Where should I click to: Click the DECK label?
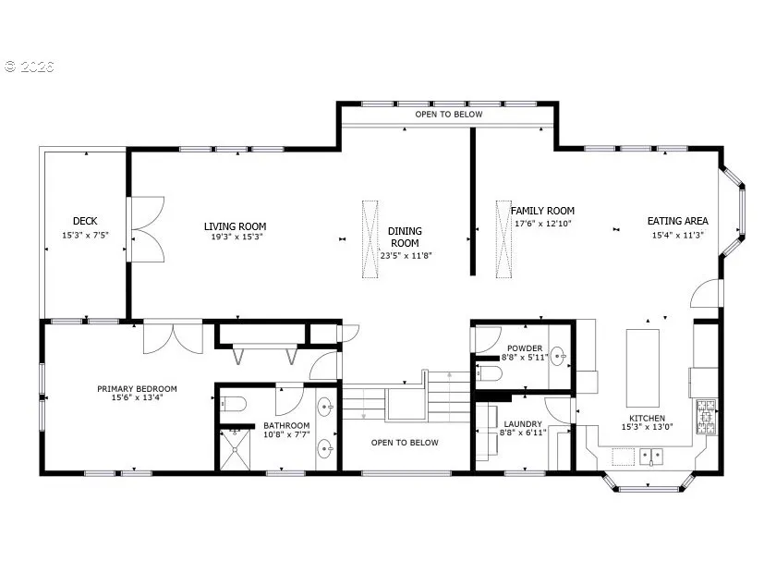pyautogui.click(x=85, y=221)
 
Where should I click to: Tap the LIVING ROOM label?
pyautogui.click(x=235, y=226)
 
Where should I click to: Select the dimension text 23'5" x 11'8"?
pyautogui.click(x=406, y=255)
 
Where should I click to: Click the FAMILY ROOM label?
pyautogui.click(x=542, y=211)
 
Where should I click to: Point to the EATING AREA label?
pyautogui.click(x=677, y=221)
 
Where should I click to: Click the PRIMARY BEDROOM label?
pyautogui.click(x=137, y=388)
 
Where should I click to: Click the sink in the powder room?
pyautogui.click(x=558, y=356)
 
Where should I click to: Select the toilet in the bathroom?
pyautogui.click(x=234, y=404)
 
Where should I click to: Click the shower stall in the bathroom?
pyautogui.click(x=235, y=450)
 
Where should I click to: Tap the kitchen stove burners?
pyautogui.click(x=706, y=417)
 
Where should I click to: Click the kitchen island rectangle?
pyautogui.click(x=643, y=368)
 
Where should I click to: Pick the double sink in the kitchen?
pyautogui.click(x=651, y=457)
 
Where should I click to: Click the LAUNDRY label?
pyautogui.click(x=523, y=424)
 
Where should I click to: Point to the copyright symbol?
pyautogui.click(x=11, y=67)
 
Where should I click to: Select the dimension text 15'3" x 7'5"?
pyautogui.click(x=85, y=235)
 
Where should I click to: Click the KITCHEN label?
pyautogui.click(x=647, y=418)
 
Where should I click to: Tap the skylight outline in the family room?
pyautogui.click(x=503, y=239)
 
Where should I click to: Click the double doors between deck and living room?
pyautogui.click(x=146, y=229)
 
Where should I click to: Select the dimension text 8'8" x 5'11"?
pyautogui.click(x=525, y=357)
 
